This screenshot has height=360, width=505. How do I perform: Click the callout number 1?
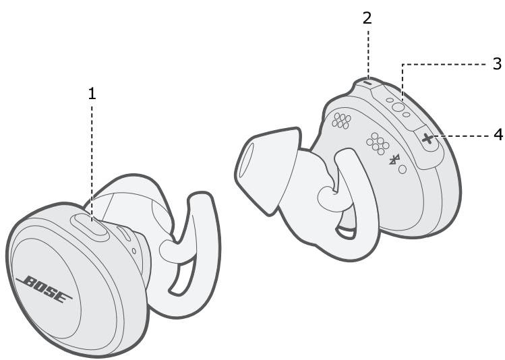click(x=92, y=94)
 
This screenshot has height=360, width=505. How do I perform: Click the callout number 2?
click(x=367, y=18)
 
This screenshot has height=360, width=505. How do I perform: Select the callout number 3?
click(x=498, y=64)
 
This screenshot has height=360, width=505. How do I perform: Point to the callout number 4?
click(x=498, y=135)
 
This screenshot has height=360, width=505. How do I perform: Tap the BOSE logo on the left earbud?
click(x=44, y=289)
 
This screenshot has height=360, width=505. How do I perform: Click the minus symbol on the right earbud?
click(x=367, y=82)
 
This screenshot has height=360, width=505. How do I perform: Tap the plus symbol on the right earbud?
click(x=427, y=140)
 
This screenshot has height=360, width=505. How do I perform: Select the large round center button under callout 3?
click(x=398, y=107)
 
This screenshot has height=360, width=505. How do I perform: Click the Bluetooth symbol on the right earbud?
click(x=394, y=160)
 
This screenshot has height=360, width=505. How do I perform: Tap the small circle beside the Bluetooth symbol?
click(x=403, y=169)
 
